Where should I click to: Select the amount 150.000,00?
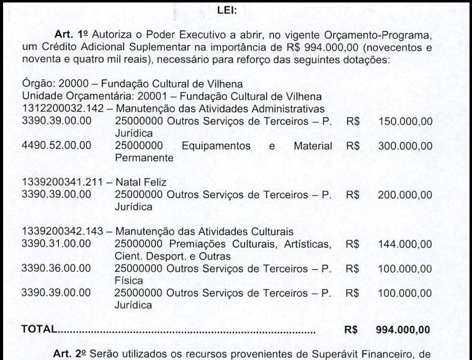pyautogui.click(x=405, y=121)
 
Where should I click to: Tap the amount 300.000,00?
pyautogui.click(x=405, y=146)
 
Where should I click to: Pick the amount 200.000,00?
pyautogui.click(x=405, y=194)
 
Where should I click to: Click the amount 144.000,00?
pyautogui.click(x=405, y=243)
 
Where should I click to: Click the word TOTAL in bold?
pyautogui.click(x=38, y=330)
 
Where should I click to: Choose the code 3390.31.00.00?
pyautogui.click(x=56, y=243)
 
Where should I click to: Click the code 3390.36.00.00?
pyautogui.click(x=56, y=268)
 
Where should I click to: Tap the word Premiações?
pyautogui.click(x=200, y=243)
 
